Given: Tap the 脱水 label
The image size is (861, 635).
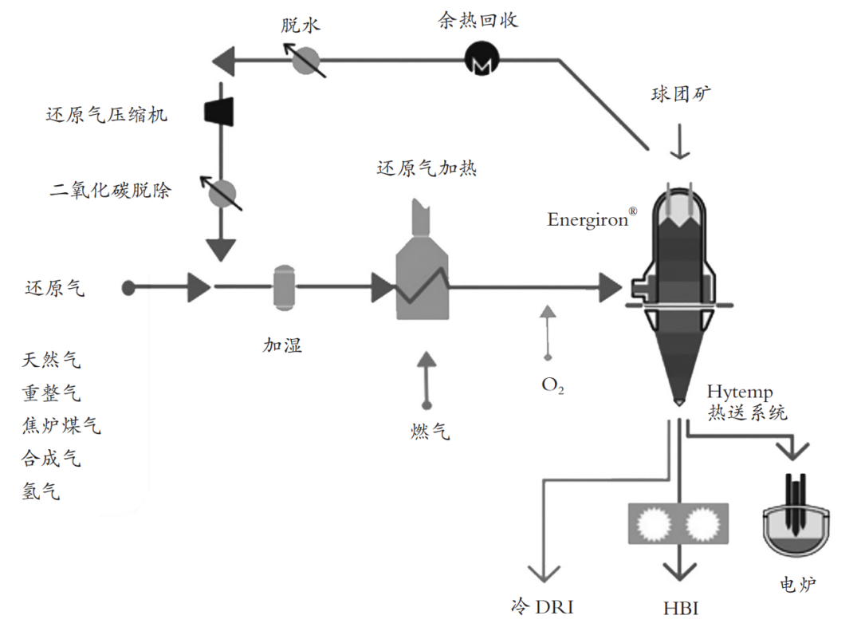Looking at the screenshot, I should [x=300, y=24].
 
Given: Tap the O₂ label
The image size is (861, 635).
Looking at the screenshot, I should [x=552, y=385].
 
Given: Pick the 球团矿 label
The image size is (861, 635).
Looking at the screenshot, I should [x=680, y=94].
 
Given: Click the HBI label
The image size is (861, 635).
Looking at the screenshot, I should [x=680, y=609].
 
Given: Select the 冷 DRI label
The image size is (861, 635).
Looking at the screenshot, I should [x=542, y=607].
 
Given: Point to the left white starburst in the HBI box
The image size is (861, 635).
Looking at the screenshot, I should [x=655, y=524].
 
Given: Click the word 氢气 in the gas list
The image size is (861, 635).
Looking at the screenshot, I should [x=41, y=491].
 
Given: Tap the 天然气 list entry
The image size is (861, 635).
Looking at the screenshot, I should [x=52, y=361].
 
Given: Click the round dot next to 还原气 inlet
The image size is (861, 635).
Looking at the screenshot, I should [x=128, y=287].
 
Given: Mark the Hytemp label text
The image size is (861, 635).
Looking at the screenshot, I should [x=740, y=392].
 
